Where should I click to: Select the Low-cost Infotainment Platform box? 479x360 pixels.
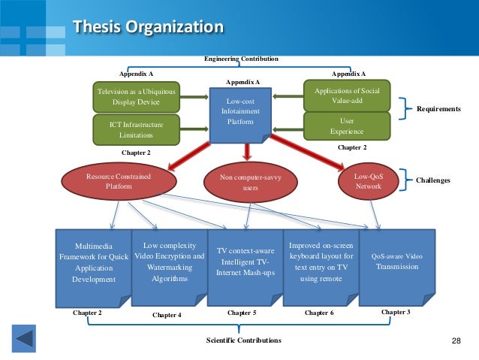(240, 112)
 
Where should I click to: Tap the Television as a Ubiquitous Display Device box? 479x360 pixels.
(136, 96)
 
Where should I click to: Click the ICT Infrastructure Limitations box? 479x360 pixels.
(136, 128)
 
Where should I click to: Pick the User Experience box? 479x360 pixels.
(346, 126)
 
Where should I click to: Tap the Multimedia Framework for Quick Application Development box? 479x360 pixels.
(94, 262)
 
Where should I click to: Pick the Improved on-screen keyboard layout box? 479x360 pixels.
(321, 262)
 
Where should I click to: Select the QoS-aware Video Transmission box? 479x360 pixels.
(396, 261)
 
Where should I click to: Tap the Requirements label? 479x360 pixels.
(438, 109)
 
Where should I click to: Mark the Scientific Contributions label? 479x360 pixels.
(243, 340)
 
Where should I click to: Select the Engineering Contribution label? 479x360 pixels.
(241, 59)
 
